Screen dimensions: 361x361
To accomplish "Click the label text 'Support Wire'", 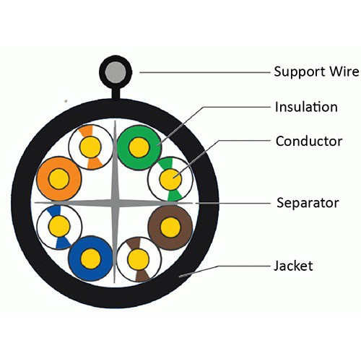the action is click(x=316, y=71).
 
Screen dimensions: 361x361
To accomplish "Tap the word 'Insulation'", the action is click(x=306, y=107).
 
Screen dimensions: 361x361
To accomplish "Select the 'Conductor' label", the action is click(x=309, y=141).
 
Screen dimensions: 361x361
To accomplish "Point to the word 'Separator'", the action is click(x=308, y=203).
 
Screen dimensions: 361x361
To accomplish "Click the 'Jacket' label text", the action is click(x=293, y=266).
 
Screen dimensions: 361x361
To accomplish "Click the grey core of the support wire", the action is click(x=116, y=72).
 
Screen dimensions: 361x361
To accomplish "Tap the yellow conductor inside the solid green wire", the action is click(x=139, y=147).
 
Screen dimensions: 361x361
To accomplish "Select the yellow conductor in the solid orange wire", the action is click(x=59, y=179).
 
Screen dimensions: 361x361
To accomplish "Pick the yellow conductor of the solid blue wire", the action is click(x=91, y=258).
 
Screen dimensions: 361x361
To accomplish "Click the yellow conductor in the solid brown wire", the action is click(x=170, y=227).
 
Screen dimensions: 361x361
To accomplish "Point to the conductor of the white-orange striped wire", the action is click(x=90, y=147).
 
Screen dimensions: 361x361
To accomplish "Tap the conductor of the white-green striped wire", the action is click(x=170, y=180).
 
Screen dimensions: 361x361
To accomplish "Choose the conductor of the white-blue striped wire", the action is click(x=59, y=226).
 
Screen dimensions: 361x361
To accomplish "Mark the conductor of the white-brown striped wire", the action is click(x=139, y=259).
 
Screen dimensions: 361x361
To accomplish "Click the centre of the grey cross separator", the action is click(x=115, y=203).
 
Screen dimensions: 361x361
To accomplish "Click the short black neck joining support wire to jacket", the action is click(x=116, y=93).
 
